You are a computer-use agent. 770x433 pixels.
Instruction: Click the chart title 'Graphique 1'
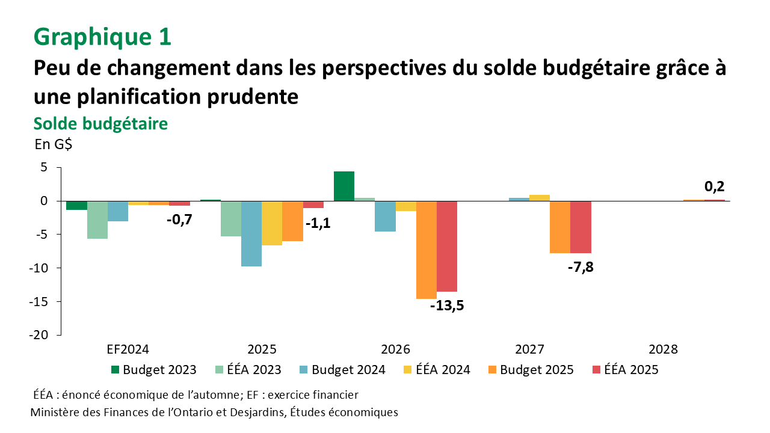[x=103, y=37]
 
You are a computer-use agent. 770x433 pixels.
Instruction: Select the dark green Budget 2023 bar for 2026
[x=344, y=186]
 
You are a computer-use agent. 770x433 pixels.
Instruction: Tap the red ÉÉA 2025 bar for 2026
[x=446, y=246]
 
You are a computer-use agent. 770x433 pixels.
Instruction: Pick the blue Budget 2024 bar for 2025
[x=251, y=233]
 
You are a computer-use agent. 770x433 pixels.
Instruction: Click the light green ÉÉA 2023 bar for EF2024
[x=97, y=220]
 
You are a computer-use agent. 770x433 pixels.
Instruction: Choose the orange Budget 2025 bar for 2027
[x=559, y=227]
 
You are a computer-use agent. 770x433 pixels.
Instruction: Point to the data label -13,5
[x=447, y=306]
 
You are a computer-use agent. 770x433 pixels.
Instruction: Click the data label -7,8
[x=581, y=267]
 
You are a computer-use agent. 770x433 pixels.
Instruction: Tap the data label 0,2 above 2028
[x=714, y=186]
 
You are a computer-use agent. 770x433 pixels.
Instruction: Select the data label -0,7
[x=179, y=220]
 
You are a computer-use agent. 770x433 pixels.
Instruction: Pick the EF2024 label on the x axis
[x=128, y=349]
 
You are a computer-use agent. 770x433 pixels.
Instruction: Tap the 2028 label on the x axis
[x=663, y=349]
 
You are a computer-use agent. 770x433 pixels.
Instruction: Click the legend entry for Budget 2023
[x=150, y=370]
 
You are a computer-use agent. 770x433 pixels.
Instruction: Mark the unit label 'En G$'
[x=53, y=144]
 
